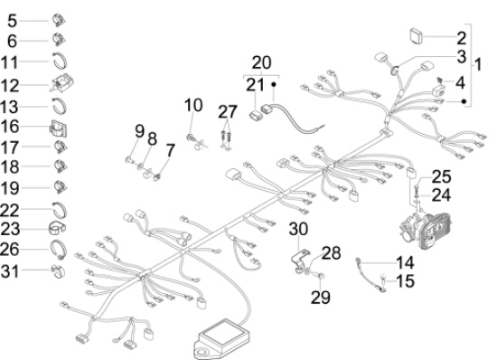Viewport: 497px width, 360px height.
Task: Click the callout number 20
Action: (x=261, y=62)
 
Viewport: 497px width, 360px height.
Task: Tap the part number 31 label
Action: (x=10, y=272)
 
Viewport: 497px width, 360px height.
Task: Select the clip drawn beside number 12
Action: (x=62, y=82)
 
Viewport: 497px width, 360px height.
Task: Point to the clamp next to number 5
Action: (x=59, y=20)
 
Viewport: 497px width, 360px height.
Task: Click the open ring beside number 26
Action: (x=59, y=249)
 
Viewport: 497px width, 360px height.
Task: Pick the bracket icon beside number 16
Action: (x=59, y=128)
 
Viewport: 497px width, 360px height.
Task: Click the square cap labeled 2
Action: (x=417, y=36)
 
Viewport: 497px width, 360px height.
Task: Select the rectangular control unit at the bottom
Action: (x=223, y=338)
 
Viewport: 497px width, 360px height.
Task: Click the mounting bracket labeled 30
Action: (x=300, y=261)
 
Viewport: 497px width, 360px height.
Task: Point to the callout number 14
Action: (x=405, y=262)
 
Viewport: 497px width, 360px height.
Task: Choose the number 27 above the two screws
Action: (x=228, y=111)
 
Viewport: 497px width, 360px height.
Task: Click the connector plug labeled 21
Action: (x=255, y=116)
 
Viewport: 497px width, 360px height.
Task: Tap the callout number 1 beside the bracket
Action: (x=478, y=64)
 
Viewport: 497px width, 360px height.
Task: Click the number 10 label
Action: (x=193, y=105)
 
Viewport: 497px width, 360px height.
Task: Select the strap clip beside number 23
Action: (x=57, y=229)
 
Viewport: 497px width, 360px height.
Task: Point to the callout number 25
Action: (x=441, y=176)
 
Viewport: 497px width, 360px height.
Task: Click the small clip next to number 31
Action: (x=58, y=271)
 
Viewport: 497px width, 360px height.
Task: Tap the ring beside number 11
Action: (x=60, y=61)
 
